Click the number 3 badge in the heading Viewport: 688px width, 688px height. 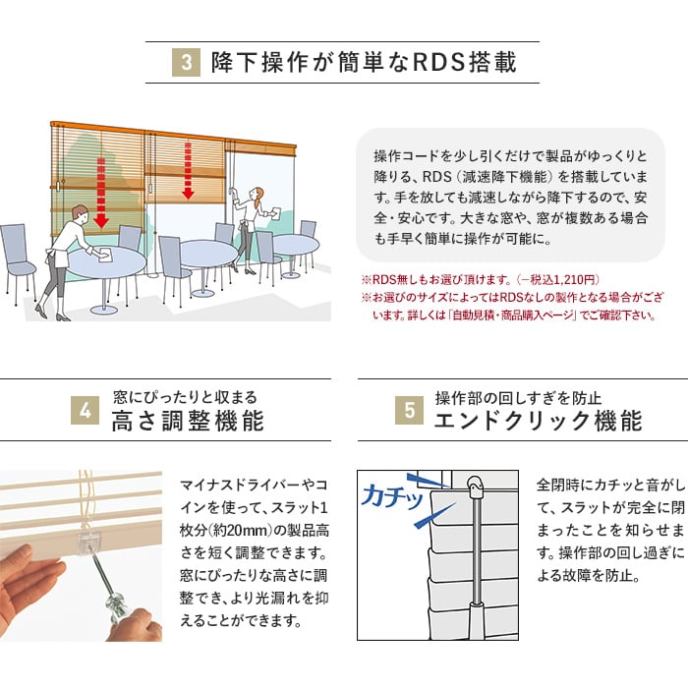pos(186,62)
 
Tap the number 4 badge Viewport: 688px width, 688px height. pos(85,410)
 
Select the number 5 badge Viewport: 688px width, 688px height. pos(409,410)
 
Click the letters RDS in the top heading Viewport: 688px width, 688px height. pos(438,62)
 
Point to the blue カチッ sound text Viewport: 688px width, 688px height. pos(393,496)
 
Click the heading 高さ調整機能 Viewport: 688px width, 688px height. pos(188,421)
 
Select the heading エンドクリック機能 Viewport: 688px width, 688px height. pos(539,421)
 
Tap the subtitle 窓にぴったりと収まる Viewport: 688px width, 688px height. pos(185,397)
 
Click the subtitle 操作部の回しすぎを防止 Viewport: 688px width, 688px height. pos(518,398)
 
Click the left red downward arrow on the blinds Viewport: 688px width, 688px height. pos(101,193)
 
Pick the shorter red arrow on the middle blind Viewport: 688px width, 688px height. pos(189,171)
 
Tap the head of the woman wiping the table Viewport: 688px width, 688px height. pos(79,213)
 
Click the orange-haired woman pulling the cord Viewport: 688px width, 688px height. pos(252,224)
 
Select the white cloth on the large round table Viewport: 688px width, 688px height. pos(106,255)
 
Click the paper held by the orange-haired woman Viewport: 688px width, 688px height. pos(275,213)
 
